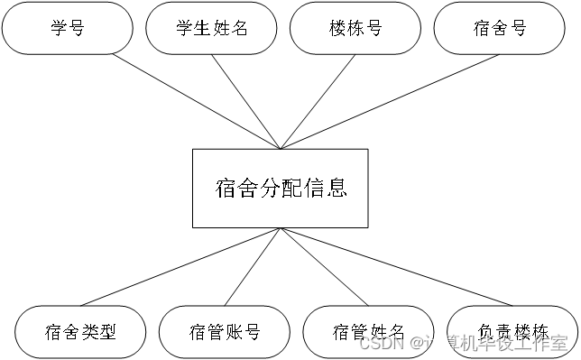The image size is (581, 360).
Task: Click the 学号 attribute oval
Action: pos(68,28)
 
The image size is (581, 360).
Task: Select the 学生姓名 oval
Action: pos(212,28)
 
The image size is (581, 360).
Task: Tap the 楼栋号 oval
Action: pos(356,28)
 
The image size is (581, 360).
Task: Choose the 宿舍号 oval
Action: pos(500,28)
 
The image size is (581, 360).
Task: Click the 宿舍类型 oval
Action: pos(81,332)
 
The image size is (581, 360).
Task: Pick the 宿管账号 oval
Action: pos(225,332)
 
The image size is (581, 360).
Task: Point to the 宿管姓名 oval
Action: pos(369,332)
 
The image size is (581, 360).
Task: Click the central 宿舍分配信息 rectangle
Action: pos(281,188)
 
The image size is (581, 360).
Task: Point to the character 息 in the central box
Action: pos(337,189)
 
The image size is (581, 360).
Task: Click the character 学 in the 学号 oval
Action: pos(59,28)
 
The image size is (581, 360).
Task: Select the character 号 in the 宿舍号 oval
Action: pos(518,28)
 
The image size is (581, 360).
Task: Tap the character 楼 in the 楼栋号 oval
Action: pos(338,28)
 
